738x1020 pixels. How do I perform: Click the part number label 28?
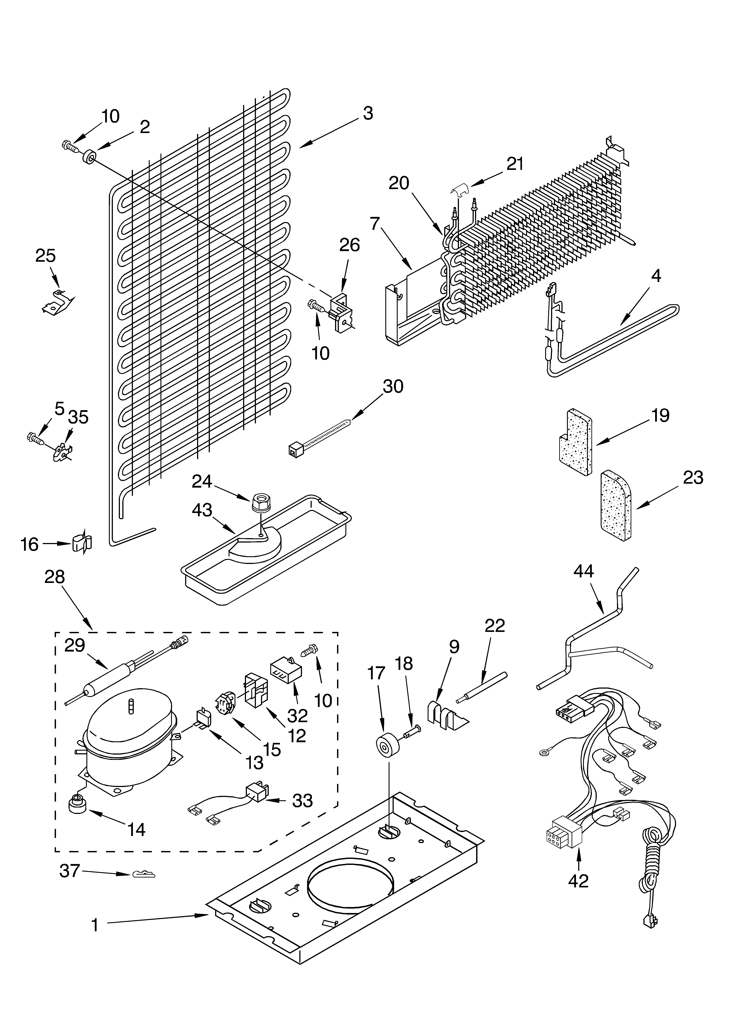click(x=54, y=577)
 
